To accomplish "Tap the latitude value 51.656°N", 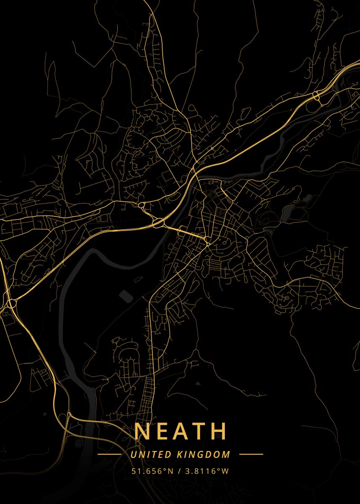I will pos(152,471).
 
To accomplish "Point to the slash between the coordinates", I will pos(178,471).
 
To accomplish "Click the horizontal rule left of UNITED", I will pos(109,454).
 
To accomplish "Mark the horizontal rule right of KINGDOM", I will pos(251,454).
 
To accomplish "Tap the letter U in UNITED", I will pos(133,454).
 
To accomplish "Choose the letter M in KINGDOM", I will pos(227,454).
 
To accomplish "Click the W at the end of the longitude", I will pos(226,471).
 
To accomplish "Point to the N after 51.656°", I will pos(171,471).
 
